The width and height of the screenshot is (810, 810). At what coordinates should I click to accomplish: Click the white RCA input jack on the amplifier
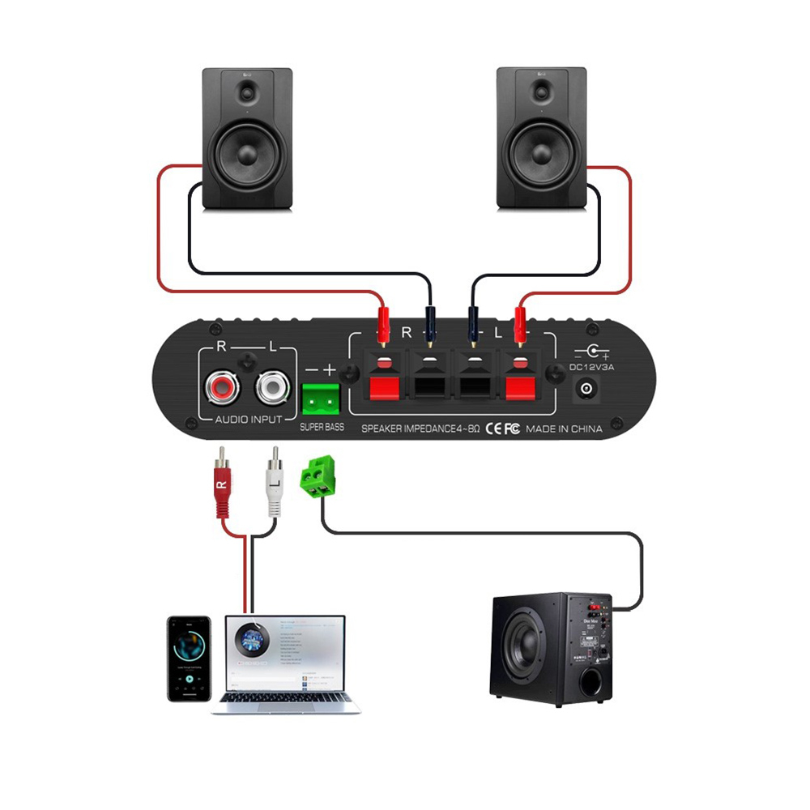[272, 388]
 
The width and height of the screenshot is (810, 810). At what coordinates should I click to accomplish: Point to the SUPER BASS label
[322, 427]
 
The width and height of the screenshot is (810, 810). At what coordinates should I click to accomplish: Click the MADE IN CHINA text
[564, 429]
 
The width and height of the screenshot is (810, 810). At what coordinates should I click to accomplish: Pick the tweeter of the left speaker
[247, 91]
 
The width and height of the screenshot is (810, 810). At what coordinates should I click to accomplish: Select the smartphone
[189, 658]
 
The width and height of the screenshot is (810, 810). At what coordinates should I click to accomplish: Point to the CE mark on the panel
[493, 429]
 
